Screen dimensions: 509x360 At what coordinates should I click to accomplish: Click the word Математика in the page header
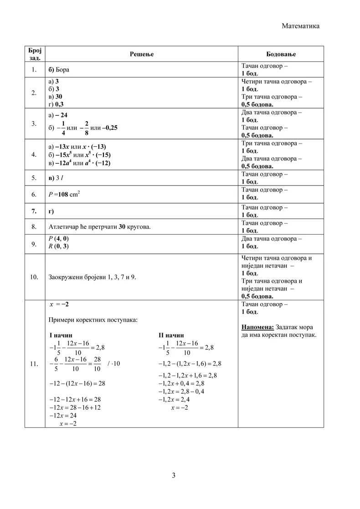(300, 26)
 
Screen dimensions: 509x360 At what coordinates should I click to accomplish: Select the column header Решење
(142, 54)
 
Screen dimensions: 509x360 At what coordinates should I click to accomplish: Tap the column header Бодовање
(281, 54)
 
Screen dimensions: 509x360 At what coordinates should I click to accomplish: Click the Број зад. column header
(34, 54)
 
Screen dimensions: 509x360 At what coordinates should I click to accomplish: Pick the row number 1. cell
(34, 70)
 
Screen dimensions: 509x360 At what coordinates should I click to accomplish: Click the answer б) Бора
(59, 70)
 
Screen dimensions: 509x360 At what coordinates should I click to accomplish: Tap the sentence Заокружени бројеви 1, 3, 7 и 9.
(92, 277)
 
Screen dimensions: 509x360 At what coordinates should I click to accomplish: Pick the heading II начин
(171, 335)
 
